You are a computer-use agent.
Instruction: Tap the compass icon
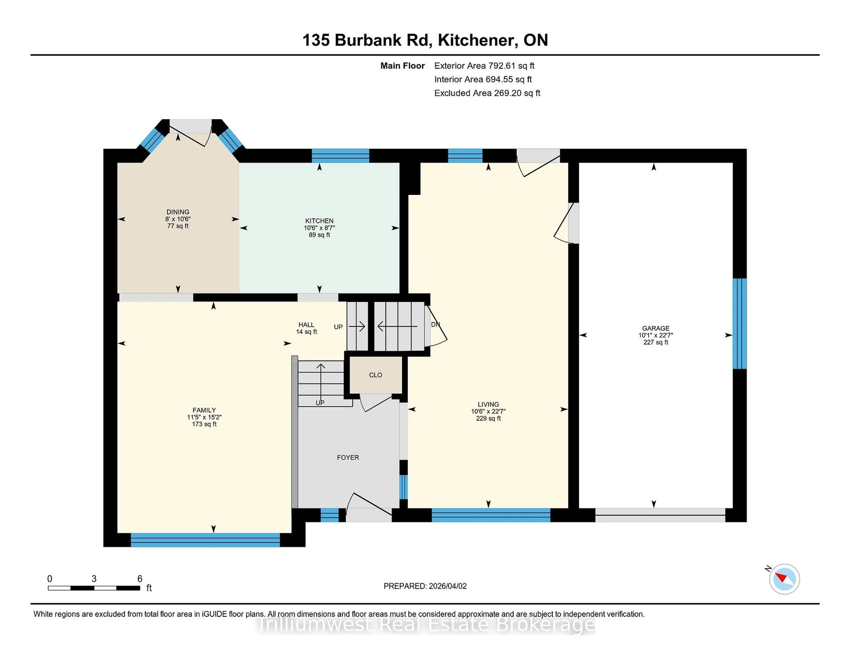[x=784, y=579]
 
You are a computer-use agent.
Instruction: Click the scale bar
[x=94, y=588]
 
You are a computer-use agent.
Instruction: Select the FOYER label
[x=348, y=457]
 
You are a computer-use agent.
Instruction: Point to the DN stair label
[x=435, y=324]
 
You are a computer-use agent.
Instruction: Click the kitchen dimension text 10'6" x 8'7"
[x=319, y=228]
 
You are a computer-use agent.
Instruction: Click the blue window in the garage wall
[x=740, y=323]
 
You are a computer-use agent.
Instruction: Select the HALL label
[x=306, y=325]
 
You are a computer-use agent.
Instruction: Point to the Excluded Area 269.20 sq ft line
[x=487, y=93]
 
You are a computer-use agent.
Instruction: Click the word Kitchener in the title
[x=477, y=40]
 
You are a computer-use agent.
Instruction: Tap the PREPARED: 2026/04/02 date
[x=425, y=586]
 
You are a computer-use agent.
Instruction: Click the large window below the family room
[x=205, y=540]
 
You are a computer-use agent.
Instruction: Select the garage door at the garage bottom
[x=660, y=515]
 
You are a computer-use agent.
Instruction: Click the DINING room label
[x=178, y=212]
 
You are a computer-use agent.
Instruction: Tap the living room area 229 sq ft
[x=488, y=418]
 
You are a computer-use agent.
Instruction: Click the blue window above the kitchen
[x=340, y=156]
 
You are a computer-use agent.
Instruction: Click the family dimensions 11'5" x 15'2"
[x=204, y=417]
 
